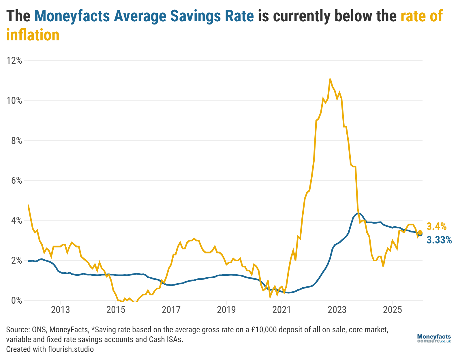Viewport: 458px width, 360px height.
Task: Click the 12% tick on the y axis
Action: coord(14,61)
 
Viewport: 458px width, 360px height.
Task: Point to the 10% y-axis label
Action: coord(14,101)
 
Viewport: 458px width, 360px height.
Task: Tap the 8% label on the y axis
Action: coord(16,141)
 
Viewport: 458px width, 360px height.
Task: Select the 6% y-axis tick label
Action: coord(16,181)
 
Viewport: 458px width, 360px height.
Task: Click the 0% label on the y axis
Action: coord(16,301)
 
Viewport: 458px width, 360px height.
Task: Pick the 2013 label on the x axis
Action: coord(60,310)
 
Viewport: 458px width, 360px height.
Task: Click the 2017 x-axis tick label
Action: coord(171,310)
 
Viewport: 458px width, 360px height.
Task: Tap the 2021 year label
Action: coord(281,310)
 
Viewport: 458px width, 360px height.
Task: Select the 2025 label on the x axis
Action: coord(392,310)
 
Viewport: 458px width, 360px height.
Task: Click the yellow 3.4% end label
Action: coord(436,227)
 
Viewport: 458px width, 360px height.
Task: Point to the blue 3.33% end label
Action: coord(439,240)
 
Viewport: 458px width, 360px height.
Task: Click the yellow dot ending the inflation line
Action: coord(420,232)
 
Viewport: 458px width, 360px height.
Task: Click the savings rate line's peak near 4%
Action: coord(358,213)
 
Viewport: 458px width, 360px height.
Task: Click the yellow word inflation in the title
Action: coord(33,35)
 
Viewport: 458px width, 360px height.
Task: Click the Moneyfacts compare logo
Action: coord(434,339)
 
